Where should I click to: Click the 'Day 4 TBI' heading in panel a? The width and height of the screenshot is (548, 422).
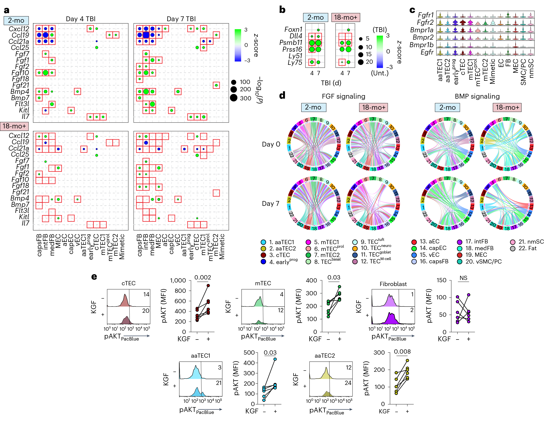tap(80, 19)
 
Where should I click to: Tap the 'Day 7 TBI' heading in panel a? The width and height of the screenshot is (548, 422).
tap(181, 19)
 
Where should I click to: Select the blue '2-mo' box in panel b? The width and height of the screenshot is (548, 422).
tap(315, 17)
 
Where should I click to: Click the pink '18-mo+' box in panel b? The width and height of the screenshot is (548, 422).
tap(345, 17)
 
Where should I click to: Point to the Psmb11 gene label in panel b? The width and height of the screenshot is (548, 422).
tap(291, 43)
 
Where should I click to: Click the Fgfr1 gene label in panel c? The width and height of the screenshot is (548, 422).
tap(426, 15)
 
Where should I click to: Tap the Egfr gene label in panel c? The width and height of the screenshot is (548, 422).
tap(427, 52)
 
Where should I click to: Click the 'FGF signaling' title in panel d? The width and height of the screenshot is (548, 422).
tap(343, 96)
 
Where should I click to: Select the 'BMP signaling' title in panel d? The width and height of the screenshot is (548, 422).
tap(477, 96)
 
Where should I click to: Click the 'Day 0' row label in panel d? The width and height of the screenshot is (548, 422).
tap(271, 144)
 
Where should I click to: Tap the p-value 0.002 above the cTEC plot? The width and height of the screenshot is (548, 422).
tap(202, 277)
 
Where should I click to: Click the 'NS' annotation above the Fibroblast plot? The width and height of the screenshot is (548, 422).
tap(463, 278)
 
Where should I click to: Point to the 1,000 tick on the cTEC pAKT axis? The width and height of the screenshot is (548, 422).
tap(178, 280)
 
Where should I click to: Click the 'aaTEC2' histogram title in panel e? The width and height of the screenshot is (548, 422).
tap(325, 356)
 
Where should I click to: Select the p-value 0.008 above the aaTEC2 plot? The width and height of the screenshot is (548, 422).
tap(402, 352)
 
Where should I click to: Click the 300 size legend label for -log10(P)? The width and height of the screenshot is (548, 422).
tap(245, 98)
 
